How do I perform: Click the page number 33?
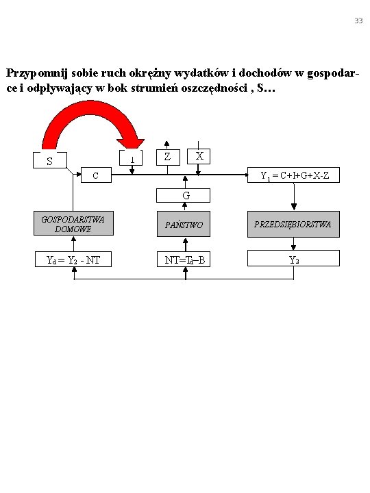pos(358,21)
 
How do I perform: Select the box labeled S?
pos(50,160)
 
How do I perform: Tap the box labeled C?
pos(97,175)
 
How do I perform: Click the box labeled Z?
pos(168,157)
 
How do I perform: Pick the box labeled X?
pos(199,156)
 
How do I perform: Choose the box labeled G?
pos(183,196)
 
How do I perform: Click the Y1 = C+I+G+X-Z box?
pos(293,175)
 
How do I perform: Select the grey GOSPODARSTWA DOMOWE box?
pos(73,223)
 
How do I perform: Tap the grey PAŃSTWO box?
pos(184,224)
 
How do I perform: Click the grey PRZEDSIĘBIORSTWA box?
pos(293,224)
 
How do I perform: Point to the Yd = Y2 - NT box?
pos(73,260)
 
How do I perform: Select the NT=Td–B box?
pos(184,260)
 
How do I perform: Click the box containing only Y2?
pos(293,258)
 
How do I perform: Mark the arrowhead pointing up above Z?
pos(166,144)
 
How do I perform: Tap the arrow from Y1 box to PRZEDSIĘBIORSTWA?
pos(294,197)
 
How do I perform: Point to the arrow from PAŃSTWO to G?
pos(185,207)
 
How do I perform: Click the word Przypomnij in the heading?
pos(37,73)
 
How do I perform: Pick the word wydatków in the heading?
pos(201,73)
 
